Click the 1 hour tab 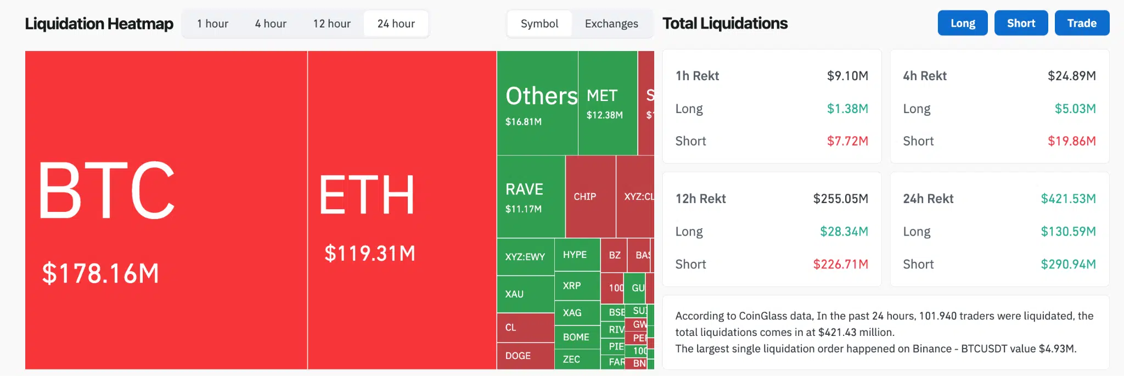[x=212, y=24]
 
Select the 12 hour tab [x=331, y=24]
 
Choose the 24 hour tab [x=396, y=24]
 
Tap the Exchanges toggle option [x=611, y=24]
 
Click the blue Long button [x=962, y=23]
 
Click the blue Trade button [x=1081, y=23]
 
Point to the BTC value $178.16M [x=100, y=273]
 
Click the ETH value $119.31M [x=369, y=254]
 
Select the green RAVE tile [x=530, y=197]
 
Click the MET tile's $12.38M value [x=604, y=115]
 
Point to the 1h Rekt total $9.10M [x=847, y=76]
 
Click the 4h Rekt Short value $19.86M [x=1071, y=141]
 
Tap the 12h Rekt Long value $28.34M [x=844, y=232]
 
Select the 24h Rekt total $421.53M [x=1067, y=199]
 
